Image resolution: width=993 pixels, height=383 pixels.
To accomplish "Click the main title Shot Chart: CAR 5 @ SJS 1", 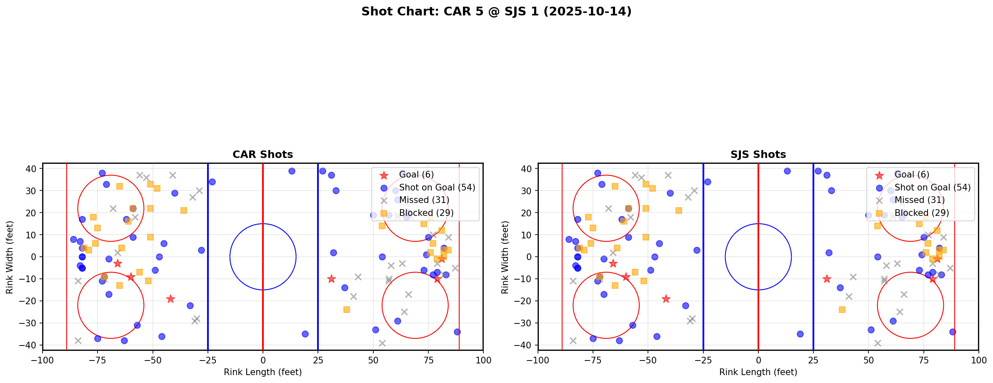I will tap(496, 11).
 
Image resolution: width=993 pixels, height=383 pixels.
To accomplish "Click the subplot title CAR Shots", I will tap(263, 155).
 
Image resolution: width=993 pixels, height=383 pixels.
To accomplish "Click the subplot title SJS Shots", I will tap(758, 155).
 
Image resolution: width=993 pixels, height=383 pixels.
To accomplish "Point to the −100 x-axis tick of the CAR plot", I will tap(43, 360).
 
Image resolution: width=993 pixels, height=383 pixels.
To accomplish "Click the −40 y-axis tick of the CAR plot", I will tap(30, 345).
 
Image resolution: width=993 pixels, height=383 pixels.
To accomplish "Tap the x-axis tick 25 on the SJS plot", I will tap(813, 360).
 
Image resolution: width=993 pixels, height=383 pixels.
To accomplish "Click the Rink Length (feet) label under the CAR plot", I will tap(263, 372).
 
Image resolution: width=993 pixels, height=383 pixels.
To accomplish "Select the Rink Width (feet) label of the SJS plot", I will tap(505, 257).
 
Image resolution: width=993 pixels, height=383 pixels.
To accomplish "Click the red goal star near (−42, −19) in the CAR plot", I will tap(170, 299).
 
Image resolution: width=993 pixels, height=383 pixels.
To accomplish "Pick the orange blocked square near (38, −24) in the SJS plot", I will tap(842, 310).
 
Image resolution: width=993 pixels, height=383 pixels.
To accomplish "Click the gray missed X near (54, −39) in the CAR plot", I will tap(382, 343).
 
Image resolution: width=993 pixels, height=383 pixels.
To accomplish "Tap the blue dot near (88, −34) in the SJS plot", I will tap(952, 332).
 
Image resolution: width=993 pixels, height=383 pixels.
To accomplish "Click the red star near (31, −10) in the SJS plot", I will tap(827, 279).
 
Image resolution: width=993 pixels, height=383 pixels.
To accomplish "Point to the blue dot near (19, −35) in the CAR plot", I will tap(305, 334).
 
